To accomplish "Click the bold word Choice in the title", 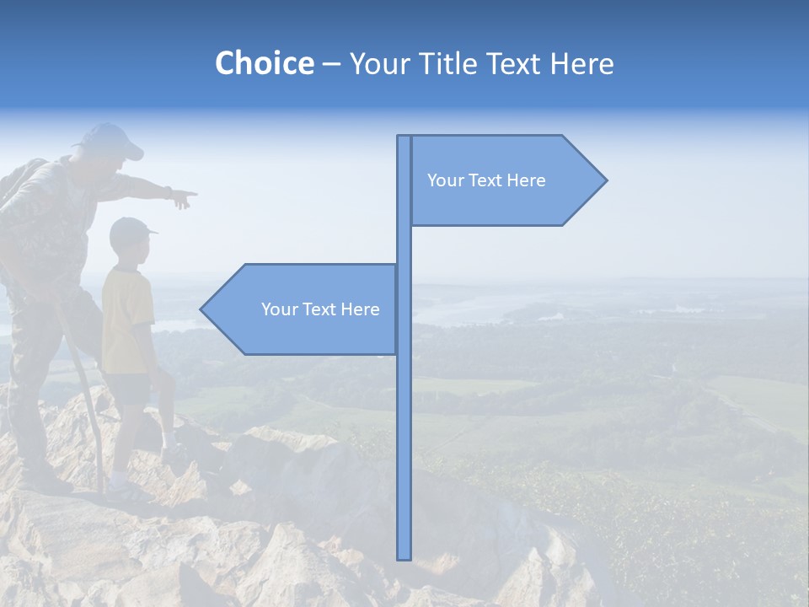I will coord(264,63).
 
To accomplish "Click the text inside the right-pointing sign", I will coord(486,180).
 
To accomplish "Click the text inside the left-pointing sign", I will coord(320,309).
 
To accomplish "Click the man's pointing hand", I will coord(181,198).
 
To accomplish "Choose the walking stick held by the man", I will coord(84,396).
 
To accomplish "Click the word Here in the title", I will coord(581,63).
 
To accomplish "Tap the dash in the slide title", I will coord(331,65).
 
